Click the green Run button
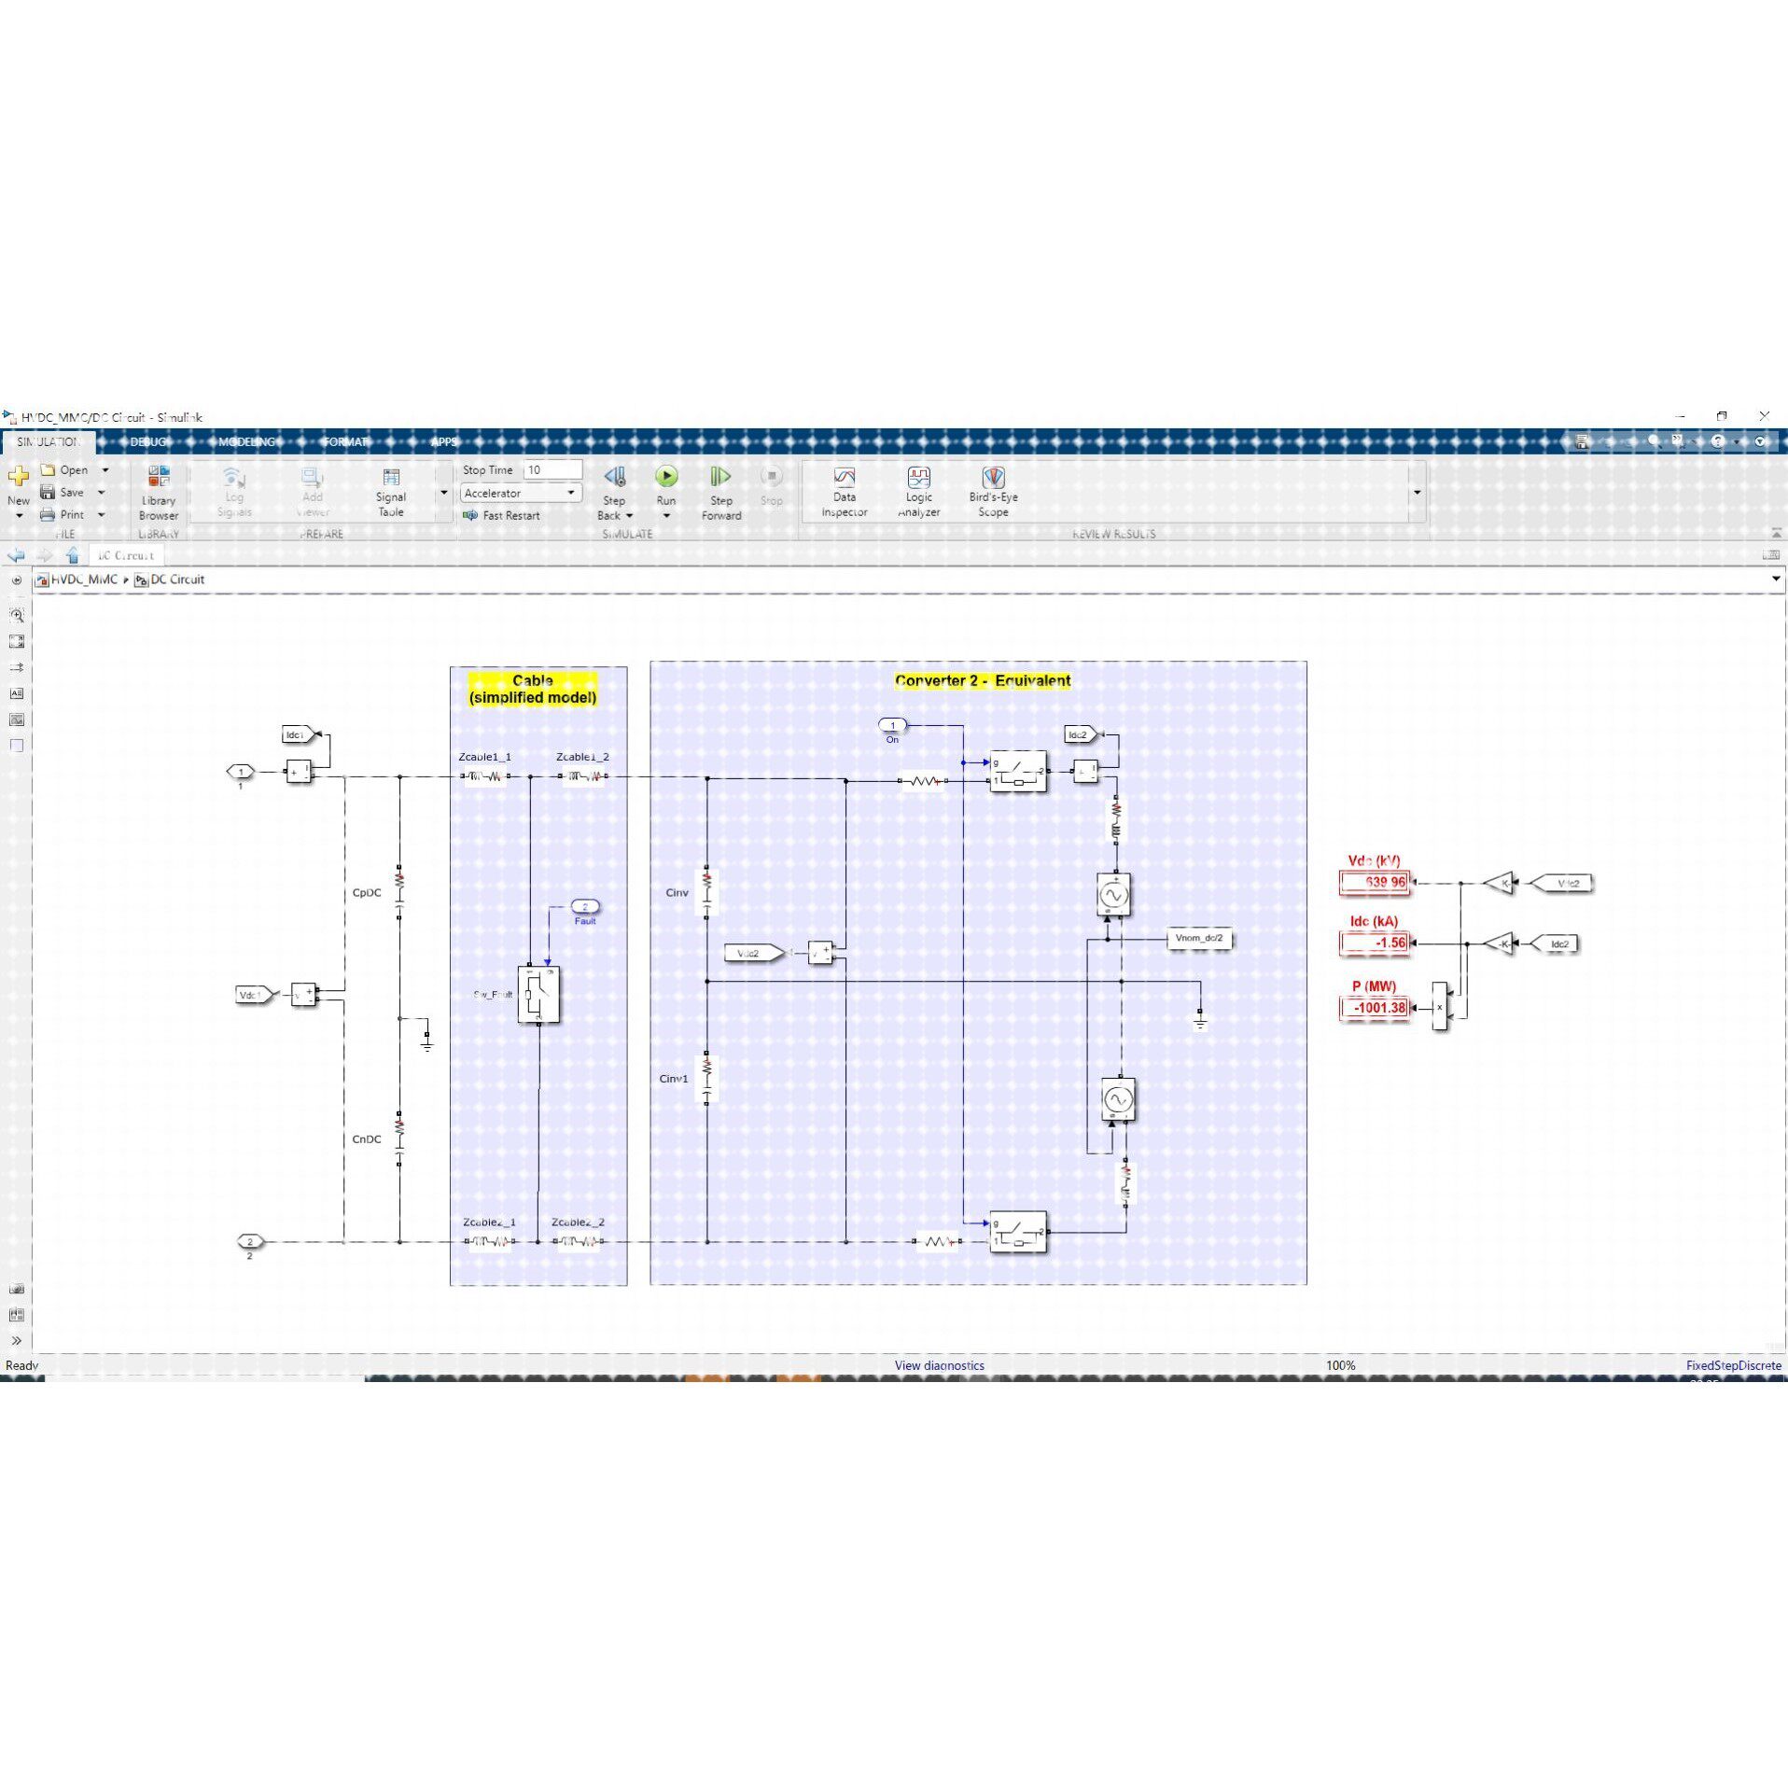[665, 477]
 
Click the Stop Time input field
[552, 469]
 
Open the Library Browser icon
[159, 477]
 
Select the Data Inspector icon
[844, 478]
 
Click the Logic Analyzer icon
[918, 478]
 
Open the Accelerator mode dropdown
[520, 493]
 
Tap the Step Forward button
[720, 478]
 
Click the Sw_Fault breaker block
[538, 995]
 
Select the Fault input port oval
[585, 906]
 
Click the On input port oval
[892, 725]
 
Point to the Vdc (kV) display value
[1375, 882]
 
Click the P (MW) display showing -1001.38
[1375, 1008]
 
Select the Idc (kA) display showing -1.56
[1375, 943]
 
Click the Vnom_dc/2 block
[1199, 938]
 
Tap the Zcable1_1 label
[484, 757]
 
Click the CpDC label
[367, 893]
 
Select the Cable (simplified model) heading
[533, 689]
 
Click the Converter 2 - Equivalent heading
[982, 680]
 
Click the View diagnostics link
[939, 1365]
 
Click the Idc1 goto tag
[297, 735]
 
